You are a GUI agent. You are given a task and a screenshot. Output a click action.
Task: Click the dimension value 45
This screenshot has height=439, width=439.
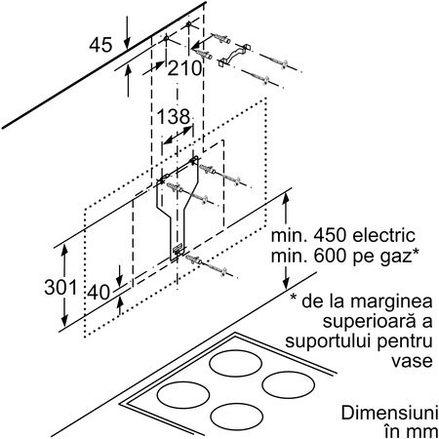click(100, 45)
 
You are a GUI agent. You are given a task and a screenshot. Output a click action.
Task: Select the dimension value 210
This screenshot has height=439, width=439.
click(184, 68)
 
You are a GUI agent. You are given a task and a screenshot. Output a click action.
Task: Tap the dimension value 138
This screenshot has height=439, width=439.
click(174, 116)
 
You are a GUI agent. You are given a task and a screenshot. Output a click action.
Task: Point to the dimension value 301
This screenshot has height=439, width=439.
click(60, 288)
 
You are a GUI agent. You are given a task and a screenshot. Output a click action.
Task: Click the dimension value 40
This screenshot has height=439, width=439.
click(99, 292)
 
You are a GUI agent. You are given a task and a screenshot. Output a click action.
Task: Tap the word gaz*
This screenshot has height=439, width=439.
click(398, 258)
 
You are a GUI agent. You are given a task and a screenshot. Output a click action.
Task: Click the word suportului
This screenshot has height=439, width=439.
click(331, 342)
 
